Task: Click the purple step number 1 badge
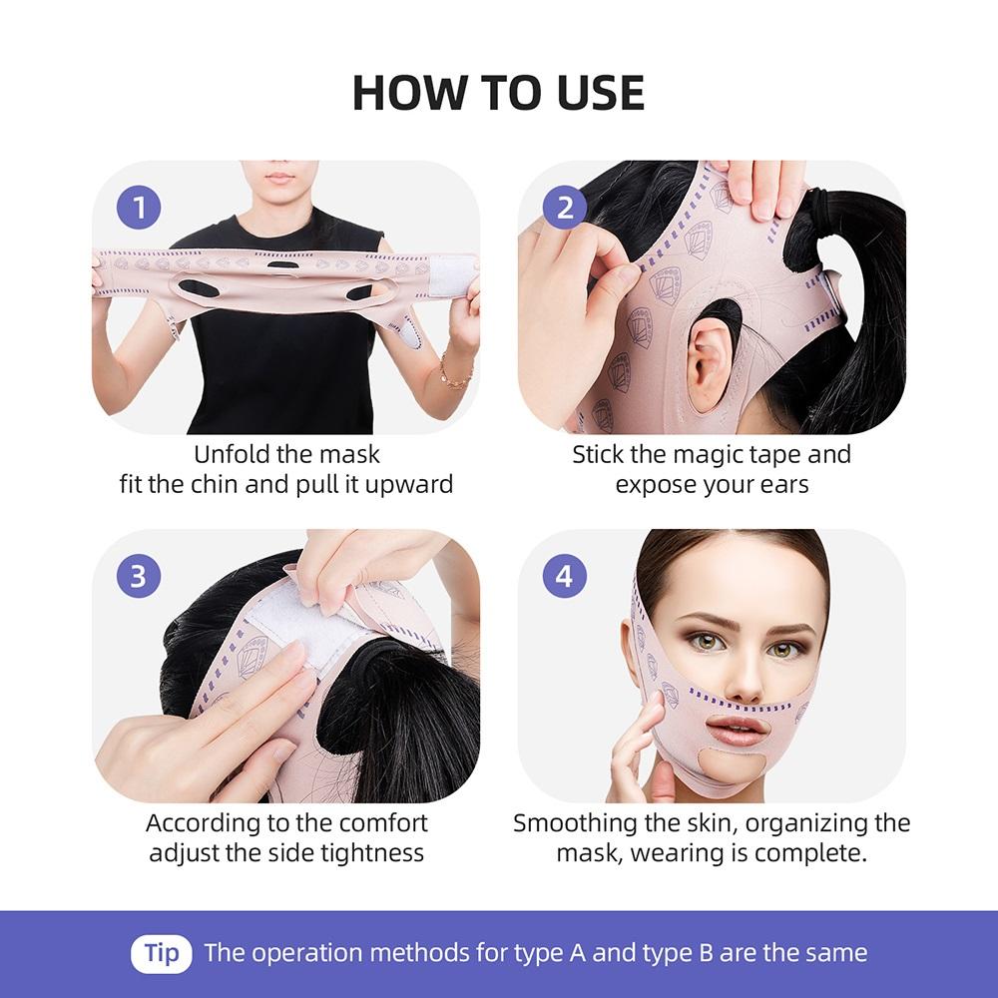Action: (x=139, y=208)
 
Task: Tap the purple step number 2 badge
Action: (x=565, y=208)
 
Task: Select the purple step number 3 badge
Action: (x=139, y=576)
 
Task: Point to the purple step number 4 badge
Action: (x=565, y=576)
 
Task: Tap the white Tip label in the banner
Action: (x=161, y=952)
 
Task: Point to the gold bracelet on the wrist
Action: (x=457, y=377)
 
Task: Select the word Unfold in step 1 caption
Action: (x=233, y=455)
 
